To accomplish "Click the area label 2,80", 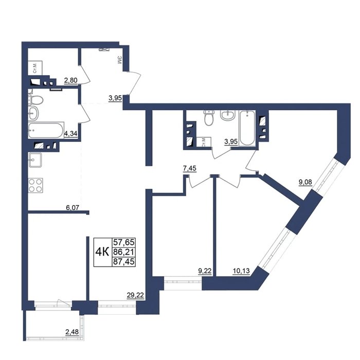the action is pyautogui.click(x=71, y=80).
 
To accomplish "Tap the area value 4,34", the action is pyautogui.click(x=70, y=133).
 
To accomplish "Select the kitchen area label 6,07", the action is pyautogui.click(x=73, y=208).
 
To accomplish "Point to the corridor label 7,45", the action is pyautogui.click(x=190, y=168).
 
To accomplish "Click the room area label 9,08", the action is pyautogui.click(x=305, y=182).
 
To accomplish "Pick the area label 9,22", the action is pyautogui.click(x=205, y=271).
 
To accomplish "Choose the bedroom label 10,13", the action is pyautogui.click(x=241, y=271).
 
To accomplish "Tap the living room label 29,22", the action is pyautogui.click(x=135, y=295).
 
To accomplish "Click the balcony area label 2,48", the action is pyautogui.click(x=72, y=332).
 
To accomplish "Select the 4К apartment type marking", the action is pyautogui.click(x=102, y=252).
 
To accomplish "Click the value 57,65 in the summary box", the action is pyautogui.click(x=124, y=242).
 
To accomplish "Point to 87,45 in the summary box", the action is pyautogui.click(x=124, y=261).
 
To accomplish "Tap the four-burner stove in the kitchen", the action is pyautogui.click(x=35, y=185).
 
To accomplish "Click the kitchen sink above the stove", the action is pyautogui.click(x=35, y=160).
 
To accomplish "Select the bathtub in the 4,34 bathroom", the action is pyautogui.click(x=46, y=130).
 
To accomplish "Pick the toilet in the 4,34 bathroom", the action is pyautogui.click(x=36, y=100).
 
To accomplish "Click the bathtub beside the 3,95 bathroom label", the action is pyautogui.click(x=247, y=128).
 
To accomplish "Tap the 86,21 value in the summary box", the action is pyautogui.click(x=124, y=252).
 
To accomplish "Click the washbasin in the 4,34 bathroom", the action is pyautogui.click(x=33, y=113).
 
